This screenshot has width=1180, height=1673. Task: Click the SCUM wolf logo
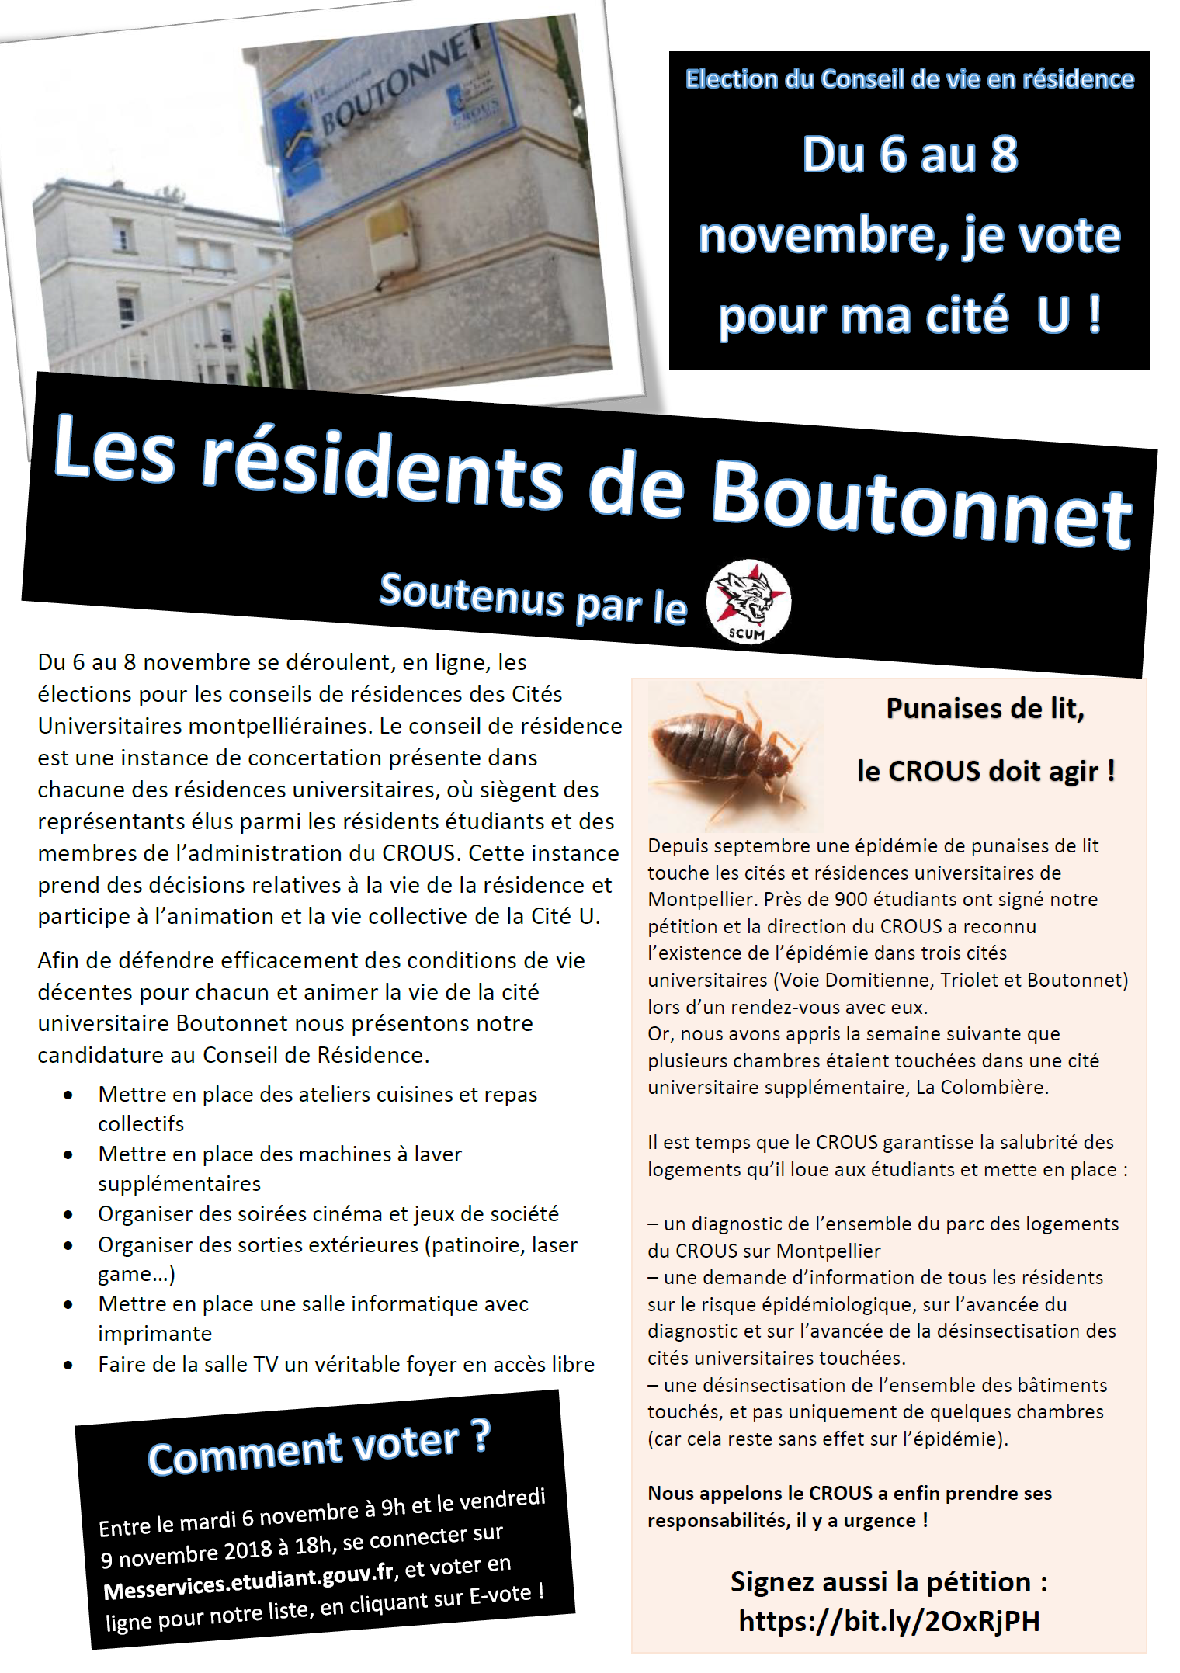[748, 602]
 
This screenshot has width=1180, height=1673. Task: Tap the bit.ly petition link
[889, 1621]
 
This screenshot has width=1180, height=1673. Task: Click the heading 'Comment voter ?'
[319, 1447]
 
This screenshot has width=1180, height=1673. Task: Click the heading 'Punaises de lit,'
[985, 708]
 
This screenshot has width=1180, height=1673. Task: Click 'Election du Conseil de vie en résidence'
[909, 79]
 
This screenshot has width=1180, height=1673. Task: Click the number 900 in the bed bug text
[852, 900]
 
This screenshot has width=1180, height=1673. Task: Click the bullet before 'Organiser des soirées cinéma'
[68, 1215]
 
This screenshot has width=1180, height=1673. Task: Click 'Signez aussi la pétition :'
[889, 1581]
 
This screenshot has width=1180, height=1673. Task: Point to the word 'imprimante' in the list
[154, 1334]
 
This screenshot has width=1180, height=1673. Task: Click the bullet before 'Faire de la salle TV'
[68, 1365]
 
